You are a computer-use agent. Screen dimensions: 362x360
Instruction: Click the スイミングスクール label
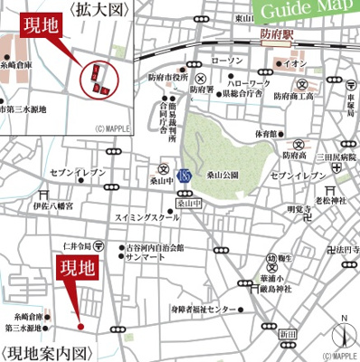click(x=147, y=219)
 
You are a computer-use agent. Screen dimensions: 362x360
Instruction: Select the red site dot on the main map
click(x=81, y=326)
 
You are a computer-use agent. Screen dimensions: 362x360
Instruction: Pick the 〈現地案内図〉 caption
click(x=48, y=352)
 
